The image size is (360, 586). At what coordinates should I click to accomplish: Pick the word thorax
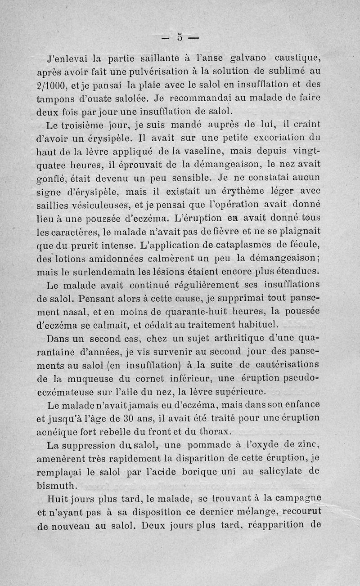[x=209, y=432]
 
